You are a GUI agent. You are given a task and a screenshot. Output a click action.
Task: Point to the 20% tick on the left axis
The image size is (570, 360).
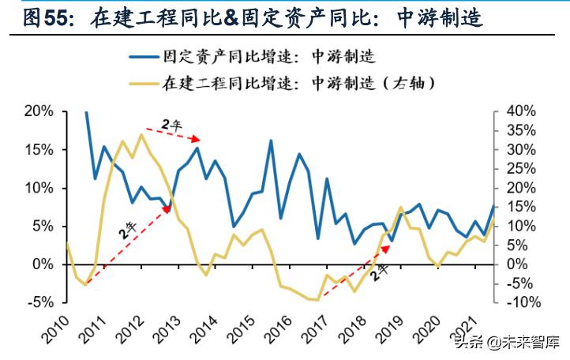click(37, 111)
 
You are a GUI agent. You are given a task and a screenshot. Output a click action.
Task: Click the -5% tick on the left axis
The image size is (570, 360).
click(37, 302)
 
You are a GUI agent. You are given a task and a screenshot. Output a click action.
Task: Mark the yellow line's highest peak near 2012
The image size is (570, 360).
click(141, 134)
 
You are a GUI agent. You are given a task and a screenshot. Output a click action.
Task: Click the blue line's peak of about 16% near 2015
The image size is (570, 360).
click(271, 141)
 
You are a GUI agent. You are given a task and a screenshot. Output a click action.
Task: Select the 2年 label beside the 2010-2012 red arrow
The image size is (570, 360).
click(126, 234)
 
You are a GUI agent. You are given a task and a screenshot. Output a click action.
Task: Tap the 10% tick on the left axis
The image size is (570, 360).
click(37, 188)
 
